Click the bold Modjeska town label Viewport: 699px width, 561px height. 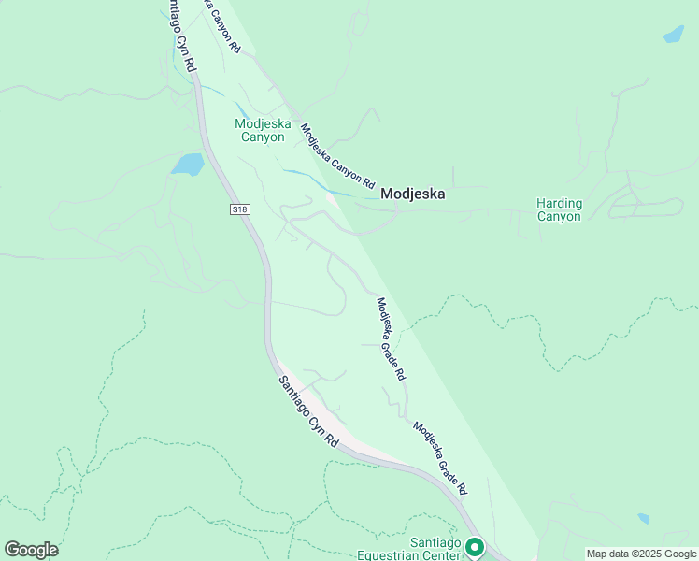point(412,194)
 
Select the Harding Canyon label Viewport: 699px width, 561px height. point(559,209)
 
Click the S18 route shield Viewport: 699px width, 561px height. point(239,209)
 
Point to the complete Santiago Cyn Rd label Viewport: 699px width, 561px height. point(307,410)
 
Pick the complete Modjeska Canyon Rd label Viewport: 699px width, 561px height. point(337,154)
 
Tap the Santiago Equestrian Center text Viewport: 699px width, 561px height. point(410,550)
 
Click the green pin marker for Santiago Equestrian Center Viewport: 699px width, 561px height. point(475,547)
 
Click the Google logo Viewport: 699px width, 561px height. point(31,550)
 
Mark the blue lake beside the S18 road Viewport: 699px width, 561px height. point(188,165)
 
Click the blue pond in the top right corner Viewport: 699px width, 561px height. point(673,35)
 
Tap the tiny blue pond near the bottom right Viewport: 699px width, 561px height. point(643,518)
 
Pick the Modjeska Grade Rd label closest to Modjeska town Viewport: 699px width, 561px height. point(390,338)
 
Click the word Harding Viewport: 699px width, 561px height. point(559,203)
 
